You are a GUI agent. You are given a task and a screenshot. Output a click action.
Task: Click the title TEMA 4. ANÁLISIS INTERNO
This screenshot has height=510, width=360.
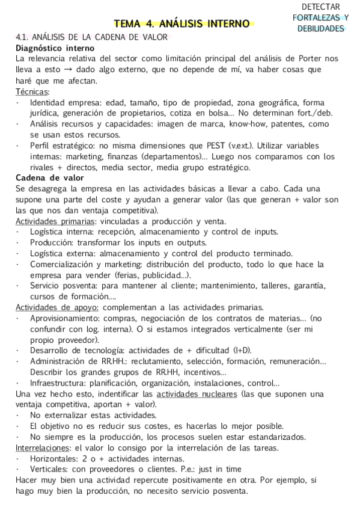click(182, 24)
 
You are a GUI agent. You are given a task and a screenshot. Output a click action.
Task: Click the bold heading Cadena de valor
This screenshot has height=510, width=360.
click(49, 177)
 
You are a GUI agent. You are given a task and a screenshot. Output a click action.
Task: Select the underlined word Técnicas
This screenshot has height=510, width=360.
click(32, 91)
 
